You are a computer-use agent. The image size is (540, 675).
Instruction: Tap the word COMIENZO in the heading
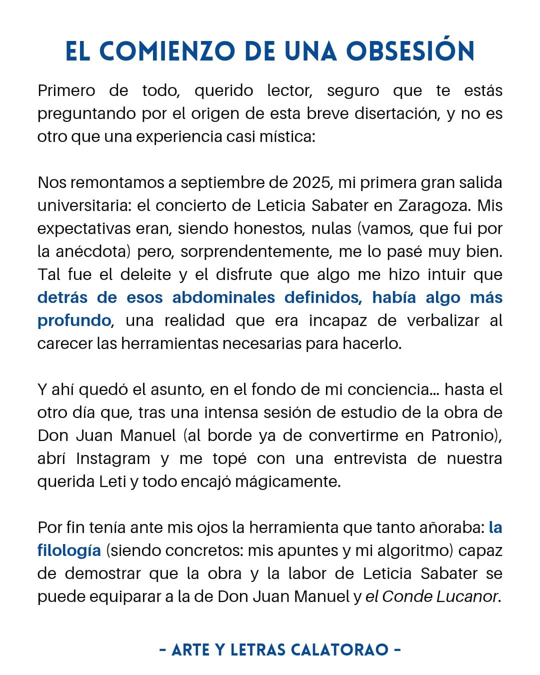pyautogui.click(x=167, y=51)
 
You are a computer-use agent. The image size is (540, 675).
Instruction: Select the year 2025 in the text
pyautogui.click(x=311, y=182)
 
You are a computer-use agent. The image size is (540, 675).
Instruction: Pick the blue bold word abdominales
pyautogui.click(x=223, y=297)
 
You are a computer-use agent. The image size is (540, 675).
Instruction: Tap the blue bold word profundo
pyautogui.click(x=74, y=320)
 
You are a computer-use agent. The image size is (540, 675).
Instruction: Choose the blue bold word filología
pyautogui.click(x=69, y=550)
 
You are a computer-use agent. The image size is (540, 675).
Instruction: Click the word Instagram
pyautogui.click(x=113, y=458)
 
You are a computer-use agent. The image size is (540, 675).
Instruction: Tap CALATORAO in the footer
pyautogui.click(x=339, y=650)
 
